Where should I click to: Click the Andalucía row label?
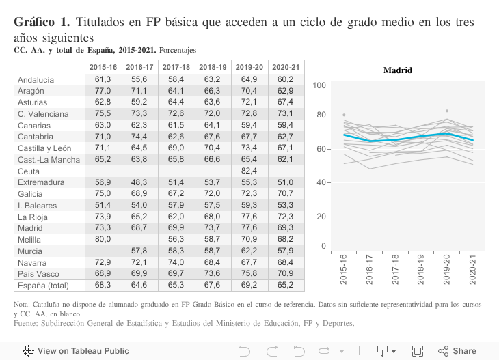point(36,80)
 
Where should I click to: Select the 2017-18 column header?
point(176,67)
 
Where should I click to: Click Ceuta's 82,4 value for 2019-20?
point(249,171)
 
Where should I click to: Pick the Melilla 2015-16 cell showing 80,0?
point(103,239)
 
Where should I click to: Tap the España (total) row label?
point(44,286)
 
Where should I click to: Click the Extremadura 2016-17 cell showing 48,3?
point(139,182)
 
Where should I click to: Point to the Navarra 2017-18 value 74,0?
point(176,262)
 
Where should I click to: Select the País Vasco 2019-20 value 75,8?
point(249,273)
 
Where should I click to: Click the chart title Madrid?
point(397,70)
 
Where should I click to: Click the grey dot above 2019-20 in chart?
point(447,111)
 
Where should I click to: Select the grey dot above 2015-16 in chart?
point(344,115)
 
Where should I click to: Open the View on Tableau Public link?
point(76,351)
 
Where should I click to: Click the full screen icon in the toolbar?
point(417,351)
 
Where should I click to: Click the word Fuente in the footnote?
point(27,323)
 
